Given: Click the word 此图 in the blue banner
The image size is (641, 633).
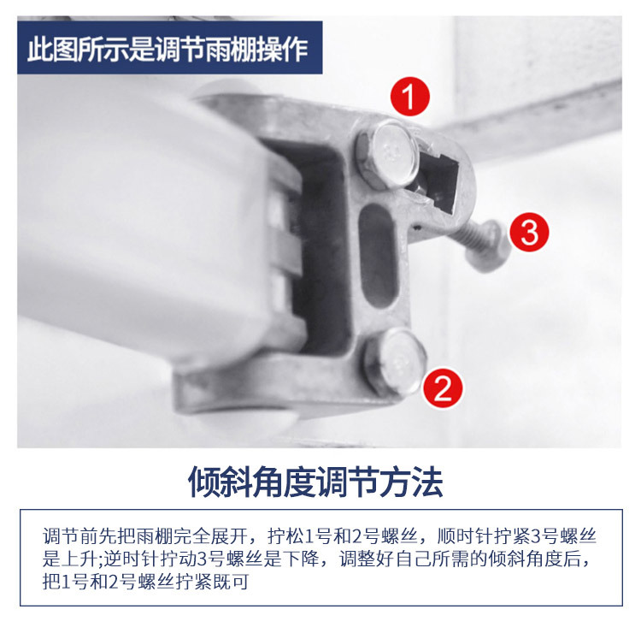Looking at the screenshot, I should (48, 49).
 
